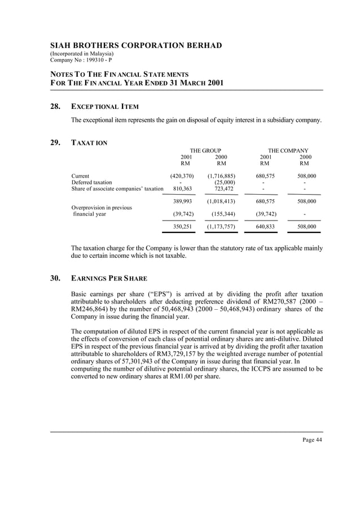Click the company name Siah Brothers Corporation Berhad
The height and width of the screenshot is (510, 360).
coord(136,46)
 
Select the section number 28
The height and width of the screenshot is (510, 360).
coord(56,107)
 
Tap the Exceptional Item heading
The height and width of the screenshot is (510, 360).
coord(105,107)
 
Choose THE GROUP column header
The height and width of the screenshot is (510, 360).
coord(205,151)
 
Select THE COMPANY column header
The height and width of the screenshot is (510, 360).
coord(288,151)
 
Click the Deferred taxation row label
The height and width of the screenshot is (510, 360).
coord(91,182)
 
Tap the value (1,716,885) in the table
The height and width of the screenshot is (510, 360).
coord(221,176)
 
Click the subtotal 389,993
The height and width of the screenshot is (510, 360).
coord(182,201)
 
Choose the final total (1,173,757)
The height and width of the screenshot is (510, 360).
coord(221,227)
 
